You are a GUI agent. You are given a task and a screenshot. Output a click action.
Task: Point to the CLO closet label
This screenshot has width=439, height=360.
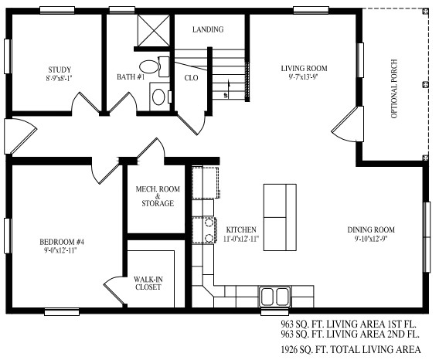pyautogui.click(x=191, y=78)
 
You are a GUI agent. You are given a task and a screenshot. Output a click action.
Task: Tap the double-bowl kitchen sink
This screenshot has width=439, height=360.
pyautogui.click(x=272, y=296)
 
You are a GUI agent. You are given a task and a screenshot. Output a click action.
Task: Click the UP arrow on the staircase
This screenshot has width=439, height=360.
pyautogui.click(x=225, y=94)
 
